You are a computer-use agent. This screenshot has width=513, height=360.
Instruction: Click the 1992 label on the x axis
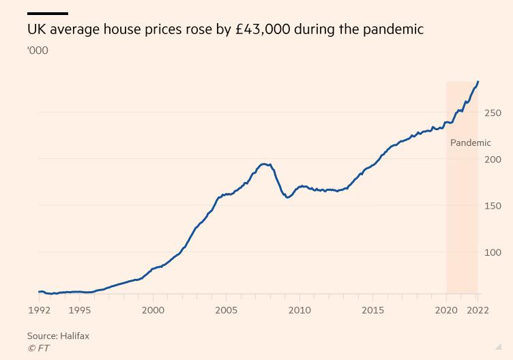coord(38,310)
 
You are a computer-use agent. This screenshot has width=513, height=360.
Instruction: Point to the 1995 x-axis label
coord(80,310)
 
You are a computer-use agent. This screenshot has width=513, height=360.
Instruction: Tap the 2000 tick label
coord(153,310)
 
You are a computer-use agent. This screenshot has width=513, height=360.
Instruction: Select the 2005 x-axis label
coord(226,310)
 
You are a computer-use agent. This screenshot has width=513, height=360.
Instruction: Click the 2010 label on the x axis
coord(299,310)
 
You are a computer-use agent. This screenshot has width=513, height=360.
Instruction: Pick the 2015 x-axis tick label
coord(372,310)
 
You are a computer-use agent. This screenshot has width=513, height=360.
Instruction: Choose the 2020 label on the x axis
coord(446,310)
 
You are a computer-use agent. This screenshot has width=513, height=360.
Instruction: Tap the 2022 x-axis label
coord(478,310)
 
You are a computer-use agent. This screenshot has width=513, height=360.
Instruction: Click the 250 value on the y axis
coord(492,113)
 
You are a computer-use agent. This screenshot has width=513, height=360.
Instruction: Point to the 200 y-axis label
coord(492,160)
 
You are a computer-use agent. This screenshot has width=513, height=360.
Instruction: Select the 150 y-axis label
coord(492,206)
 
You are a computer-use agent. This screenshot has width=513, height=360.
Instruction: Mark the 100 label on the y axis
coord(492,252)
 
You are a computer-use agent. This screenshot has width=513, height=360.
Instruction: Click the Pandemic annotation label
coord(470,143)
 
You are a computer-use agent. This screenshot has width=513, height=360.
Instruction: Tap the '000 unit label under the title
coord(38,50)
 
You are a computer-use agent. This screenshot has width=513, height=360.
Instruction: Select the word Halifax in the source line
coord(74,336)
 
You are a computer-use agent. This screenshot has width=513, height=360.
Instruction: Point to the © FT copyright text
coord(38,348)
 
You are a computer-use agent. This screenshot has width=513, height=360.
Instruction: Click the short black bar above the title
coord(48,14)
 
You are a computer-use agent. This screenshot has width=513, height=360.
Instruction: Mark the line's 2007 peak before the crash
coord(264,164)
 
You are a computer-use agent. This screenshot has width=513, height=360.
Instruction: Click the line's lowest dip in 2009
coord(287,198)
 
